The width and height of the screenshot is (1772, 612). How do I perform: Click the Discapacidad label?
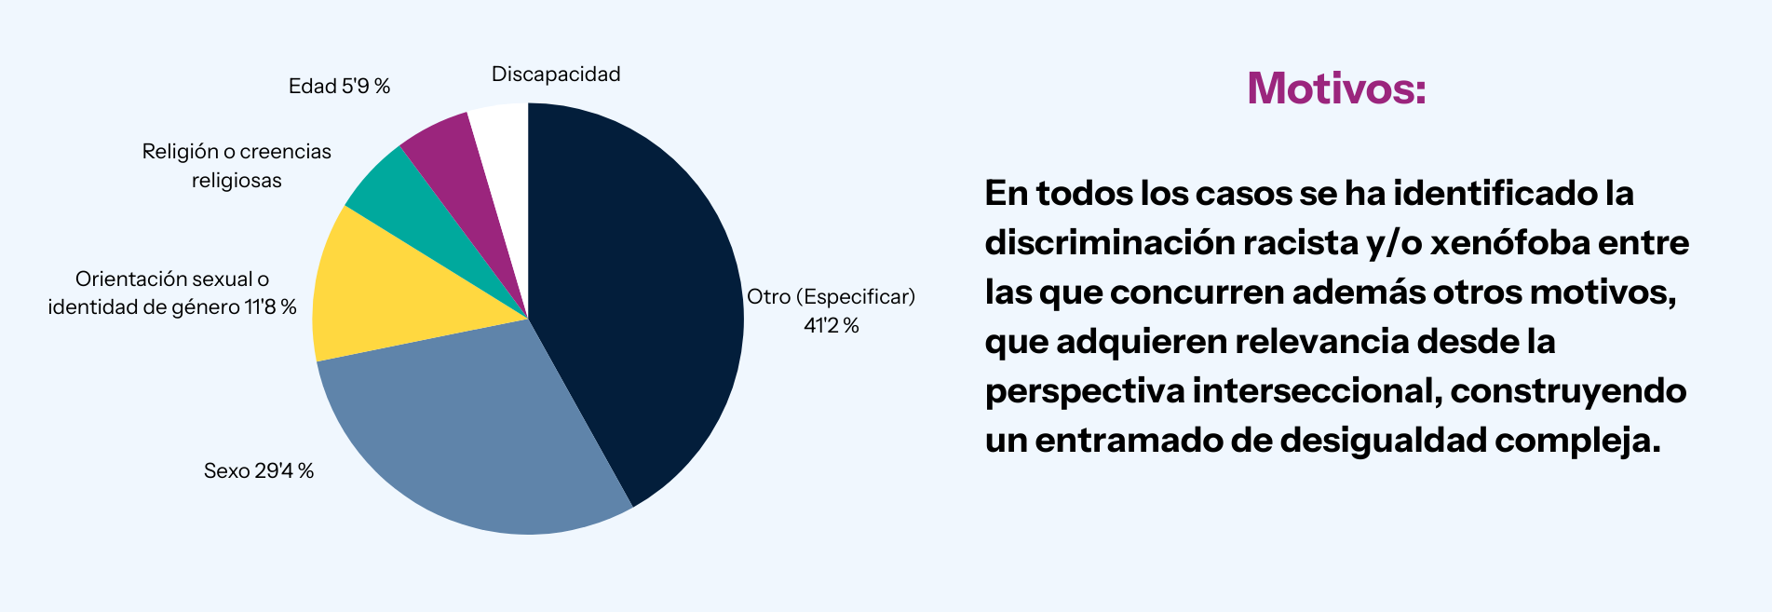click(556, 75)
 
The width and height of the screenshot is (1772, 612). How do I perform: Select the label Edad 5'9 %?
click(339, 87)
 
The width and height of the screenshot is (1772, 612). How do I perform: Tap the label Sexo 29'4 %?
click(259, 471)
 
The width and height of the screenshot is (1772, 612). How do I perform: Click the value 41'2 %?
click(831, 325)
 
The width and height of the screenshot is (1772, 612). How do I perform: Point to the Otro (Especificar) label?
click(831, 297)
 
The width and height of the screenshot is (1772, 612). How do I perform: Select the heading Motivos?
click(1336, 89)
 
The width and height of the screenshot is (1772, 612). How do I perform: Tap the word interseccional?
click(1316, 391)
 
